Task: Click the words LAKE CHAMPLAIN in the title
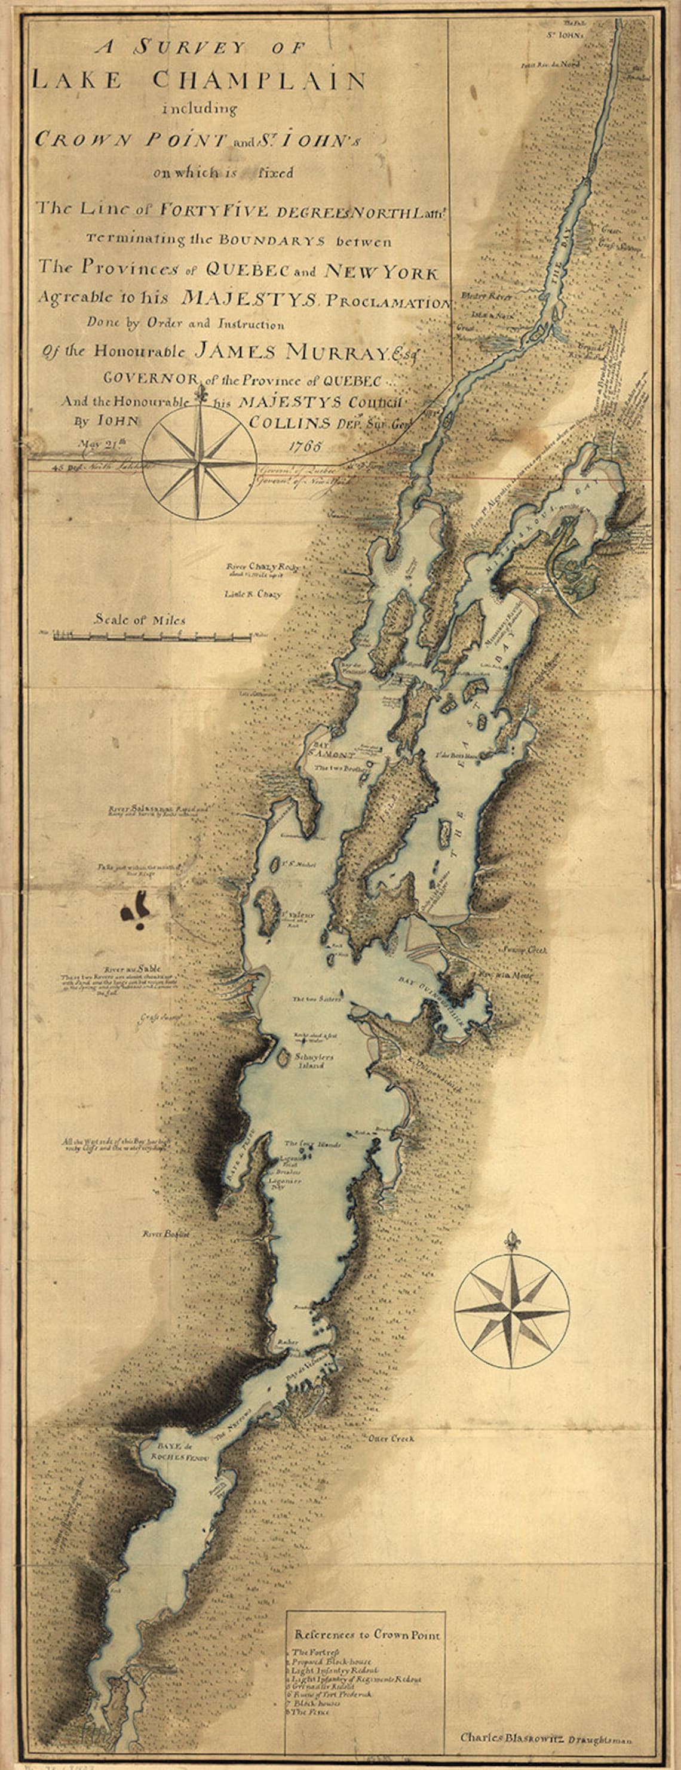click(200, 81)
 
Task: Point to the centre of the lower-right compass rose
click(512, 1310)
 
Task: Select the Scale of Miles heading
click(140, 619)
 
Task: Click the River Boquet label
click(165, 1233)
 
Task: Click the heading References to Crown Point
click(367, 1634)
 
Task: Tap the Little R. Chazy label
click(252, 593)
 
